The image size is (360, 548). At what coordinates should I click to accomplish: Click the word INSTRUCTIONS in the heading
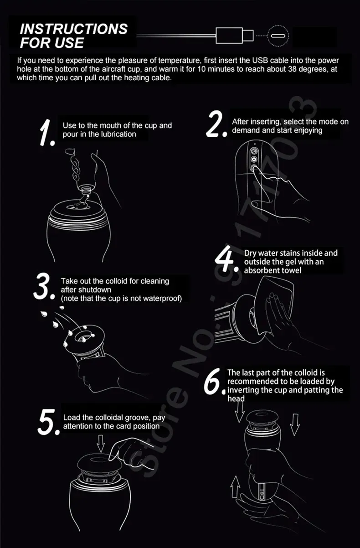74,29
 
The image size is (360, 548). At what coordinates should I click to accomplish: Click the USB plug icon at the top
234,36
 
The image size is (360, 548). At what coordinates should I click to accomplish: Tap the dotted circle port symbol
278,36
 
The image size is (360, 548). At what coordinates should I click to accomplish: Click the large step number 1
46,133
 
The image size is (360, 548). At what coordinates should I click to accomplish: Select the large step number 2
216,124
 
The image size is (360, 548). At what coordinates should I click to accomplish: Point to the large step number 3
44,286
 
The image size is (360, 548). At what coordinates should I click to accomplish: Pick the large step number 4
226,259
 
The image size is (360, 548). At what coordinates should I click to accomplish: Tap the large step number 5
48,422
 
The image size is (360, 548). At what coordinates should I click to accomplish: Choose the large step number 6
213,382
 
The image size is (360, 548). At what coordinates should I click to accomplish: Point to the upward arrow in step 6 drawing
235,486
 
